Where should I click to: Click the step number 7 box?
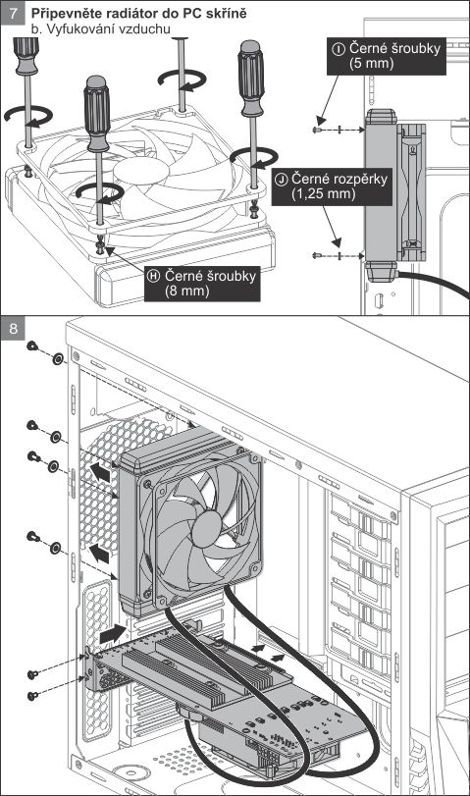(12, 13)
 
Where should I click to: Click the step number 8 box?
(12, 328)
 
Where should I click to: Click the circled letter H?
(154, 276)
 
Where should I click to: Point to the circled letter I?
(339, 49)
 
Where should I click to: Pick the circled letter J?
(282, 180)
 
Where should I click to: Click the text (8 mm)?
(186, 292)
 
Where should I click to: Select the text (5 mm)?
(372, 64)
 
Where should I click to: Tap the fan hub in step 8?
(207, 528)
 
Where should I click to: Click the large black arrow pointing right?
(113, 634)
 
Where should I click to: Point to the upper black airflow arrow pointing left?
(100, 473)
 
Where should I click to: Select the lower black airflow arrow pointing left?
(99, 553)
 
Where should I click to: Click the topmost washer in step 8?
(57, 359)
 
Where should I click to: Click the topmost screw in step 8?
(32, 346)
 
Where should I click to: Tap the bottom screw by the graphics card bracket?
(33, 696)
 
